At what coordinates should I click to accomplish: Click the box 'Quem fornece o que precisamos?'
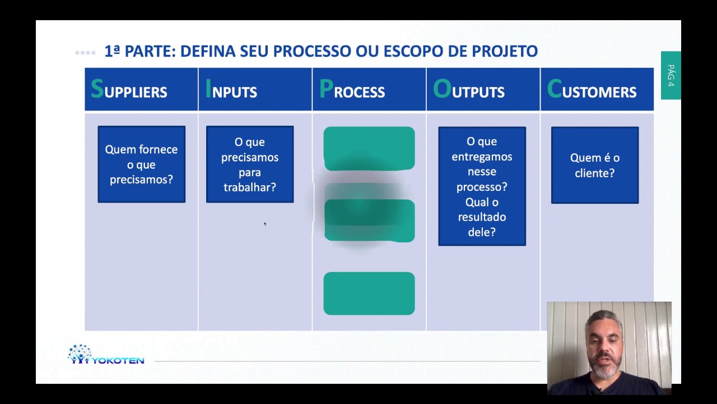coord(141,164)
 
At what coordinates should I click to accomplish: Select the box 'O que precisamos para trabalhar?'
coord(250,164)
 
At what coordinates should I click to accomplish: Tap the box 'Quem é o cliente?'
coord(595,165)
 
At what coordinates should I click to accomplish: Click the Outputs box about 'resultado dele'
coord(482,186)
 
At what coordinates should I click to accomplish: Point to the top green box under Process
coord(369,148)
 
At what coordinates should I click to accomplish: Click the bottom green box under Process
coord(369,293)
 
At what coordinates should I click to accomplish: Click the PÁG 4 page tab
coord(671,75)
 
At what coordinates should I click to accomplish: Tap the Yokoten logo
coord(106,355)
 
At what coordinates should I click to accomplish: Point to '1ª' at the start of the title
coord(113,51)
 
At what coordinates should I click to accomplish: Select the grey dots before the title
coord(85,53)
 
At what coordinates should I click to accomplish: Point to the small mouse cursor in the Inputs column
coord(265,224)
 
